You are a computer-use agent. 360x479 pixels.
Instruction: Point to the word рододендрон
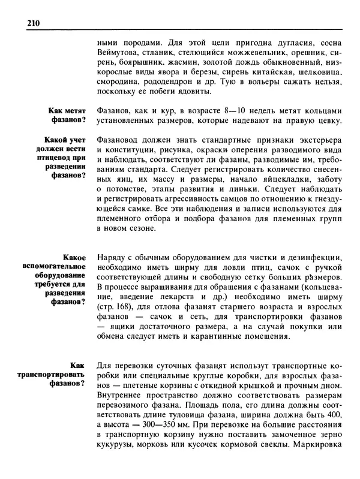(177, 81)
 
